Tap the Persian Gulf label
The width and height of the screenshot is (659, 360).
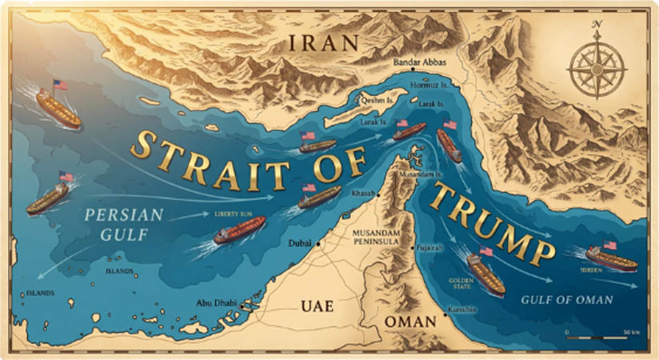[123, 223]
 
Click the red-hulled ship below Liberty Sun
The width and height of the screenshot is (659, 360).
[240, 231]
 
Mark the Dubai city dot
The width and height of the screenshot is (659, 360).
[319, 242]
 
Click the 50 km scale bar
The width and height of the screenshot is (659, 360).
[600, 337]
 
